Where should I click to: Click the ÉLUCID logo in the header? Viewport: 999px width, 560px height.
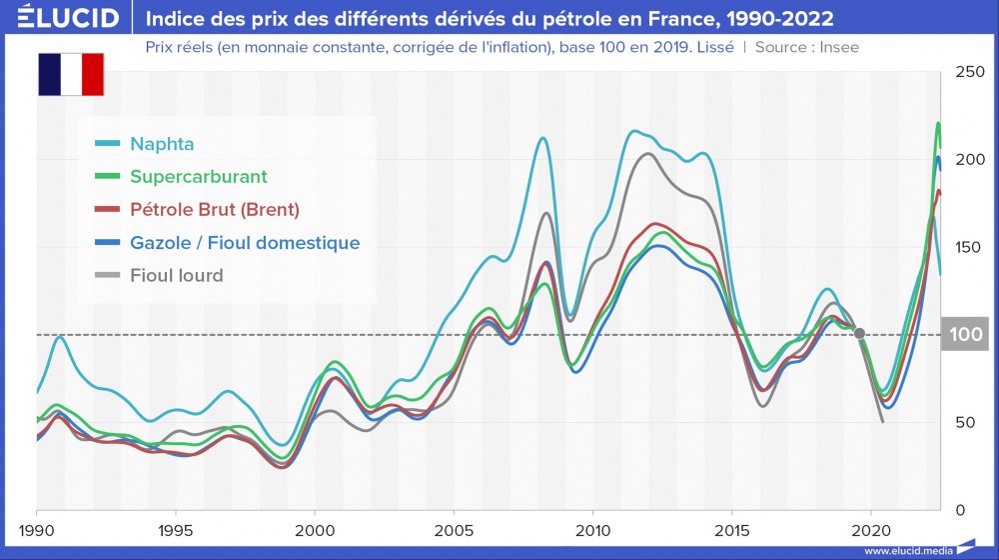(x=62, y=17)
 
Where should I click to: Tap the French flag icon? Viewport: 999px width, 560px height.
(x=71, y=74)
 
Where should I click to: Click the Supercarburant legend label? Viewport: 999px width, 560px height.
(x=198, y=176)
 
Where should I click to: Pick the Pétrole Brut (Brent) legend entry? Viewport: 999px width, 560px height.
(x=214, y=209)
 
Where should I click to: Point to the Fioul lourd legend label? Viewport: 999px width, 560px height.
(x=176, y=274)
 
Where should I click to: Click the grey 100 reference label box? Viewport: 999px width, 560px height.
(x=965, y=334)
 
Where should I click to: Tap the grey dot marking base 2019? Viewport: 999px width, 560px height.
(x=860, y=334)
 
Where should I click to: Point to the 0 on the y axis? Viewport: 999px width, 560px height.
(x=960, y=510)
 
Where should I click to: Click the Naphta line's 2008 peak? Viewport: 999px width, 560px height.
(x=541, y=139)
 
